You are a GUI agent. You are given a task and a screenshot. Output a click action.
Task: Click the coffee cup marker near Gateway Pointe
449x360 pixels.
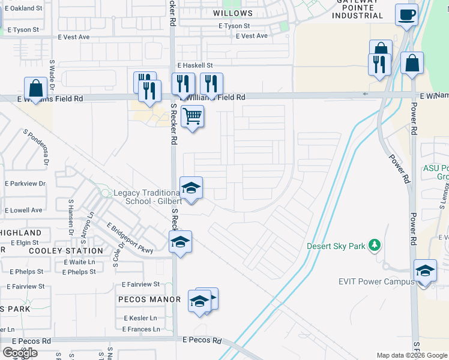(x=406, y=14)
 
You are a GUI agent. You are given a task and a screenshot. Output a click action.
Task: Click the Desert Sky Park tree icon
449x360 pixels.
(x=375, y=245)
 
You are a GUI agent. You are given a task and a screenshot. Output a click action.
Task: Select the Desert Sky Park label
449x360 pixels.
(x=336, y=245)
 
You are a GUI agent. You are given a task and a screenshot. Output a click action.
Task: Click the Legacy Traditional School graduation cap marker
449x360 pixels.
(x=191, y=188)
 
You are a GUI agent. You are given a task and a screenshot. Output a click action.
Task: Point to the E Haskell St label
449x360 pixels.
(x=195, y=65)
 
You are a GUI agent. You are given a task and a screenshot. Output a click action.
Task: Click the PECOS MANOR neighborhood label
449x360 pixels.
(x=149, y=299)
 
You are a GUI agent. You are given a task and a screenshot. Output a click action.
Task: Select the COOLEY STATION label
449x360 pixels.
(x=66, y=251)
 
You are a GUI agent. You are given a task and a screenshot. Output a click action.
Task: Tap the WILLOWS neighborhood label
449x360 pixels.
(x=233, y=13)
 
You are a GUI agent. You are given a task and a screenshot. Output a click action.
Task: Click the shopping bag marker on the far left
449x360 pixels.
(x=36, y=88)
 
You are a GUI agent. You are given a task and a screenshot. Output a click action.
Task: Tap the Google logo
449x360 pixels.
(x=20, y=353)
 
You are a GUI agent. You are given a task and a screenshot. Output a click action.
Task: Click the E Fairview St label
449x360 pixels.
(x=140, y=284)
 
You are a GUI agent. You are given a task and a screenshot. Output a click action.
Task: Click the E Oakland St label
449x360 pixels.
(x=22, y=8)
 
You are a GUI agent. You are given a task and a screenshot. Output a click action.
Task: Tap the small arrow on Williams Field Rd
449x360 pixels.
(x=365, y=94)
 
